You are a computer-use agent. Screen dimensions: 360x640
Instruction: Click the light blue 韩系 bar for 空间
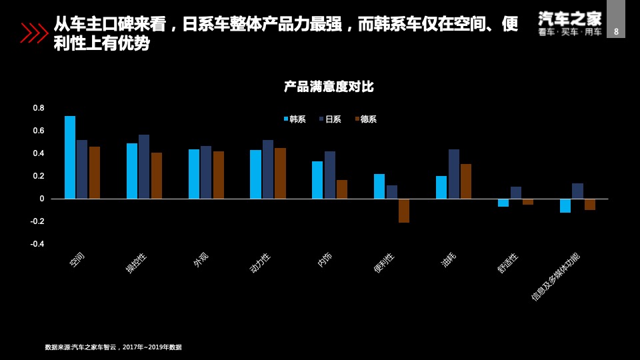70,157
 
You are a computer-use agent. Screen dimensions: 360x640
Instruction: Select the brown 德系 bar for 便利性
404,211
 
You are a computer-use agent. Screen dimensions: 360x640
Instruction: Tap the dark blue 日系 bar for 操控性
144,167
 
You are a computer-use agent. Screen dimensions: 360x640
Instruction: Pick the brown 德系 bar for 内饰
342,189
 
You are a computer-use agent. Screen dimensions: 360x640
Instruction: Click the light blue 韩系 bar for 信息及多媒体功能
565,205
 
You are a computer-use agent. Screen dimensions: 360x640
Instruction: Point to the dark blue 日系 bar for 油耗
454,174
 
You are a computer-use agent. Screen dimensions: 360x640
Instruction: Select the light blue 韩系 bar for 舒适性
503,203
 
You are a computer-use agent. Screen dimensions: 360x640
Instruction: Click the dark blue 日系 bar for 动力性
268,169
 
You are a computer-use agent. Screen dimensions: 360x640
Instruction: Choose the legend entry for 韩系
295,119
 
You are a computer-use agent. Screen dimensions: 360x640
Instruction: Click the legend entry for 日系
330,119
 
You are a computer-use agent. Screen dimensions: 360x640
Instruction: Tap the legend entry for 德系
366,119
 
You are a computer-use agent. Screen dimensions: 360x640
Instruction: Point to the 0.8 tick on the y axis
39,108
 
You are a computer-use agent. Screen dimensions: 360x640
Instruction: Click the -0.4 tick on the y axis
37,244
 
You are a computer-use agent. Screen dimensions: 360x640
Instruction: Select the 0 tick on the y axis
42,199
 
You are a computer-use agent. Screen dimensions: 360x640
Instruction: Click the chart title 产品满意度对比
329,87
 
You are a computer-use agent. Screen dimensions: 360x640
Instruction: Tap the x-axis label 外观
201,260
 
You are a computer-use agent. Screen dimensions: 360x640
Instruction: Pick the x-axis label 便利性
384,263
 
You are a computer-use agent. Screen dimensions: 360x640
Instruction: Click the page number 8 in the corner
616,31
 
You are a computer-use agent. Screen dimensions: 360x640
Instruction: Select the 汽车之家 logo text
570,18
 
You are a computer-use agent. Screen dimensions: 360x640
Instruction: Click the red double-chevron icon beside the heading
34,33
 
